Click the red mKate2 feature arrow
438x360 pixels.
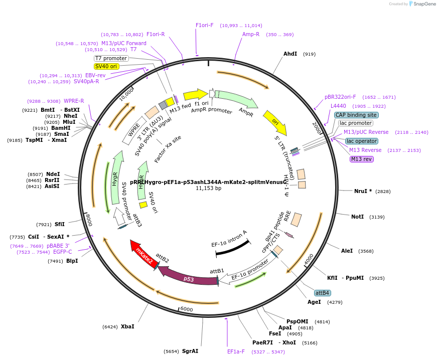click(143, 254)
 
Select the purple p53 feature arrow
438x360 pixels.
click(188, 277)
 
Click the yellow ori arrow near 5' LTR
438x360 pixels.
click(275, 123)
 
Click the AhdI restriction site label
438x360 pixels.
click(290, 54)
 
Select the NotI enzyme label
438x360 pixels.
click(357, 217)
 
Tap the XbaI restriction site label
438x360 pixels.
click(127, 326)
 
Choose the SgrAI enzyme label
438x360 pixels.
click(190, 351)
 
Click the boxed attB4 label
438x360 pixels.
click(322, 293)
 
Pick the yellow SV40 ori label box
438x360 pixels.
click(106, 66)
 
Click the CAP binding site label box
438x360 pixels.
click(356, 115)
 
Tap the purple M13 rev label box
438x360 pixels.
click(362, 159)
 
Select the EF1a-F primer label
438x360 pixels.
click(236, 351)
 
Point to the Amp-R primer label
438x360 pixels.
click(251, 34)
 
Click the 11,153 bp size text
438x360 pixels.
click(208, 189)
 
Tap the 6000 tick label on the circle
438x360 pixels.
click(186, 310)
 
